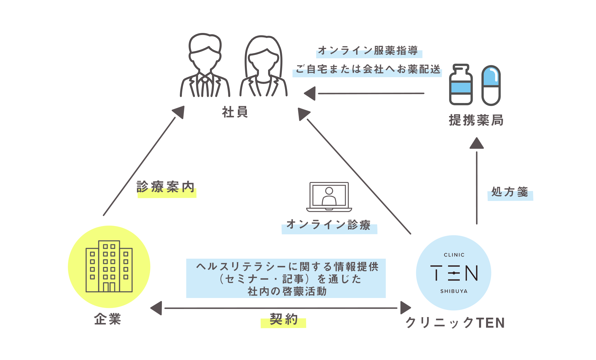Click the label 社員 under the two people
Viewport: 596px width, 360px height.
tap(235, 112)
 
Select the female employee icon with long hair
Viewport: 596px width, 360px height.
tap(264, 67)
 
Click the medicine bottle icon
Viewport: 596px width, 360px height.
tap(461, 85)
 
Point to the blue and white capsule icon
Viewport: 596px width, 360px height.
tap(491, 85)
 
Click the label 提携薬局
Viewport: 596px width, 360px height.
tap(476, 120)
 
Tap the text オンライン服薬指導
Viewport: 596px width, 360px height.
tap(368, 51)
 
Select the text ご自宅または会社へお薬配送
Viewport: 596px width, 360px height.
tap(368, 69)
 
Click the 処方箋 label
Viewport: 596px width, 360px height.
tap(510, 192)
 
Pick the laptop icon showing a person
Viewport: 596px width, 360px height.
tap(329, 197)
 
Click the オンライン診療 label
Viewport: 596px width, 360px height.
tap(328, 225)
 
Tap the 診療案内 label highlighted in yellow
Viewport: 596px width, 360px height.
tap(166, 187)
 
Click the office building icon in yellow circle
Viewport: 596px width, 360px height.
tap(109, 267)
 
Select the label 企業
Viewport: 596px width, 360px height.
tap(108, 319)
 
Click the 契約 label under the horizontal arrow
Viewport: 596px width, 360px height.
tap(284, 320)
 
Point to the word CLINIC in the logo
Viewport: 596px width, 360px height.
tap(454, 255)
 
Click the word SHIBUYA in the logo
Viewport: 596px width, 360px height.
tap(454, 291)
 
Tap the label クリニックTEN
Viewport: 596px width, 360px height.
tap(455, 323)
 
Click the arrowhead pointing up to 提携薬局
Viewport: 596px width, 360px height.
tap(476, 143)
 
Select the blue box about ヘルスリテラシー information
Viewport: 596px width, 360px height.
tap(286, 278)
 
